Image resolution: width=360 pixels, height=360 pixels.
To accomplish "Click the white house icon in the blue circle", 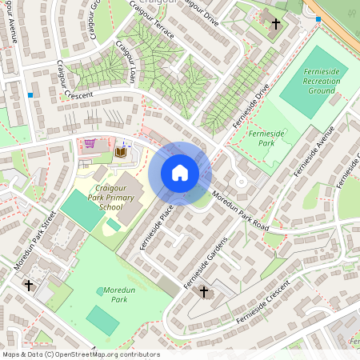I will coord(180,173).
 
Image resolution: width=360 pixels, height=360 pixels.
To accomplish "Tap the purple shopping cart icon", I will coord(90,144).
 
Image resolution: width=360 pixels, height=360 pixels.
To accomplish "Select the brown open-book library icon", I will coord(121,151).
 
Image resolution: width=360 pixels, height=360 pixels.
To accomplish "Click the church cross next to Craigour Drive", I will coord(276,24).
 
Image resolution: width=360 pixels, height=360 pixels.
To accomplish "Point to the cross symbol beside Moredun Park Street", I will coord(29,285).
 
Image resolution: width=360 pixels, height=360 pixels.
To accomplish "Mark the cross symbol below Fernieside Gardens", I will coord(203,292).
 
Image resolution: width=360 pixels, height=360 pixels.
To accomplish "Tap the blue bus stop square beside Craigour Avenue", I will coord(30,95).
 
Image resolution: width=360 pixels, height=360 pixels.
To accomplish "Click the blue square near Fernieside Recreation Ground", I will coord(318,18).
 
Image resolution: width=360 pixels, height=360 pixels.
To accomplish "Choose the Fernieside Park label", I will coord(261,137).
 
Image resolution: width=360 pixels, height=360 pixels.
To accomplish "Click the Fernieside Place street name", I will coord(157,226).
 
